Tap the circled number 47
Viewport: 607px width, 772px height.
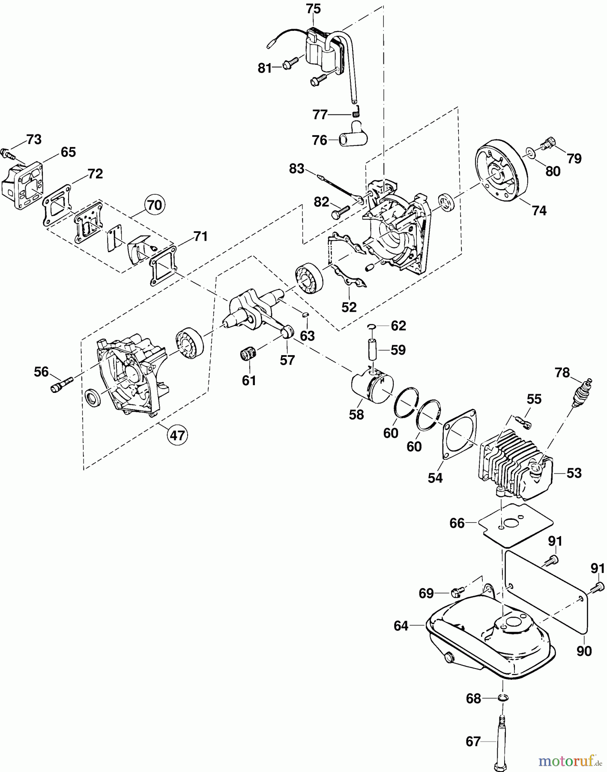177,435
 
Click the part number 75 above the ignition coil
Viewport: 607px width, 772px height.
313,9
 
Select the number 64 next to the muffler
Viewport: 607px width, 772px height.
401,626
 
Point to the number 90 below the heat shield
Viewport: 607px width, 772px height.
584,651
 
